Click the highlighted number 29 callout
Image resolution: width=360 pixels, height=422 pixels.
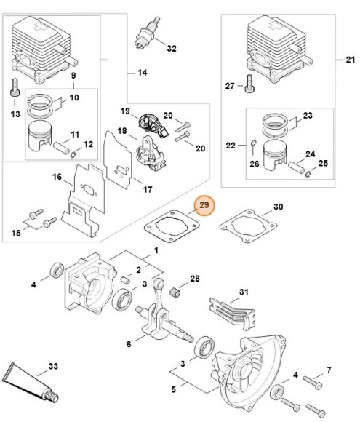click(x=204, y=206)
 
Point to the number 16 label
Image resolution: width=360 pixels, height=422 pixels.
click(x=57, y=177)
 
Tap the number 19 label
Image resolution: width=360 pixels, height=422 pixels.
click(x=125, y=111)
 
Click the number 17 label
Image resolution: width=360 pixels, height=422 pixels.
click(x=147, y=190)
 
